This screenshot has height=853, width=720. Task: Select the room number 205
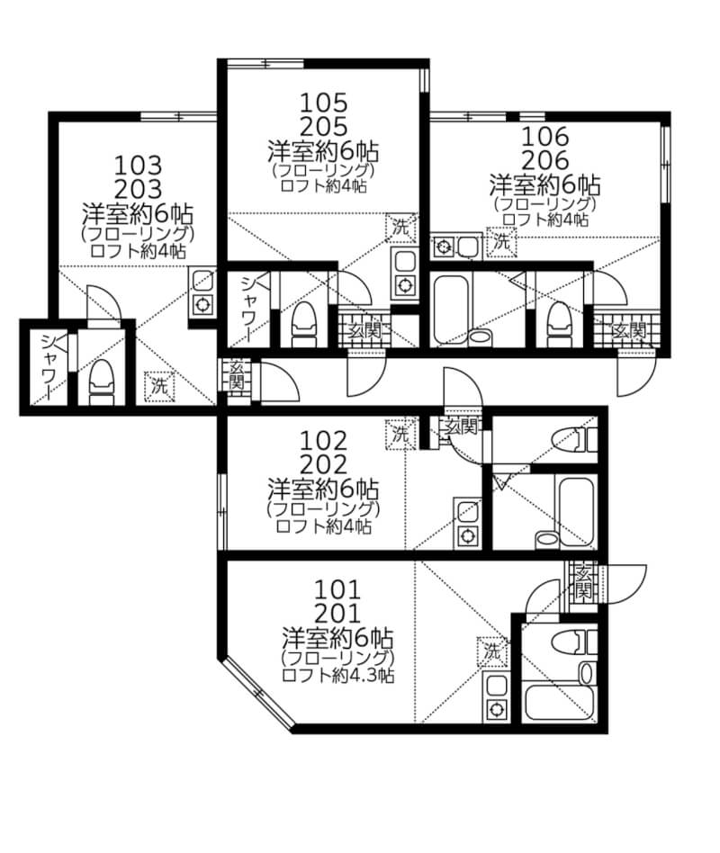(x=321, y=125)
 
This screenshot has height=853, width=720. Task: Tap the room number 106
(x=544, y=138)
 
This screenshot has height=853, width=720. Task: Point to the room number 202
(x=321, y=465)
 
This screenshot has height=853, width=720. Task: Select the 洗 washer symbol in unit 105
(x=402, y=228)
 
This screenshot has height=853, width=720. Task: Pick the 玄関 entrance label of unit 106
(x=627, y=330)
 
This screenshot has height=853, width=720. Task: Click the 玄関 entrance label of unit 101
(x=583, y=581)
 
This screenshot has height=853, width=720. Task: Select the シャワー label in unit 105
(x=248, y=310)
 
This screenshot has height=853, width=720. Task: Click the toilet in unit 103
(x=103, y=382)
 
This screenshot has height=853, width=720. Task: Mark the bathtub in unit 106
(x=460, y=311)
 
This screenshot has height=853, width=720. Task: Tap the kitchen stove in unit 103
(x=203, y=304)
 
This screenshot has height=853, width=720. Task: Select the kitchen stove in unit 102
(x=467, y=534)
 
